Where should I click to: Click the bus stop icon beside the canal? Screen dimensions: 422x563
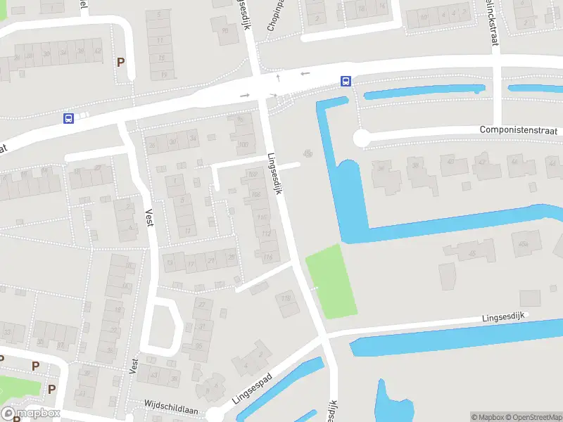(x=346, y=81)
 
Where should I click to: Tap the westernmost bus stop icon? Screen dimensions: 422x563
(x=68, y=118)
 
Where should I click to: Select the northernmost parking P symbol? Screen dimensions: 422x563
(x=120, y=62)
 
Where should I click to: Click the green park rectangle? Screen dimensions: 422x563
(x=331, y=280)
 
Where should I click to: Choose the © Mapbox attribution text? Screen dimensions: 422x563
(x=488, y=417)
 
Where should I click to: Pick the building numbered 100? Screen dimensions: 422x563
(x=243, y=145)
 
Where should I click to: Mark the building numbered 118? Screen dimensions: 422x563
(x=286, y=299)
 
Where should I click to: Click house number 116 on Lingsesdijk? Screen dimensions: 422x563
(x=267, y=258)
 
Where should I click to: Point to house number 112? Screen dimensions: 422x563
(x=265, y=233)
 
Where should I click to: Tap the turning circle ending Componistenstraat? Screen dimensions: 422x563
(x=361, y=139)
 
